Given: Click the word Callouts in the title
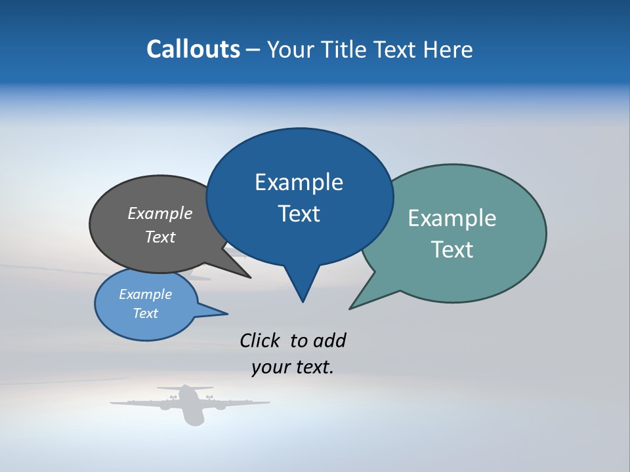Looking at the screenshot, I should (193, 50).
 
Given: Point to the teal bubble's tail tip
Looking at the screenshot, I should (352, 307).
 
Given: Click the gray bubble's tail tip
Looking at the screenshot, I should (248, 277).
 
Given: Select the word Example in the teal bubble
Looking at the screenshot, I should (451, 218).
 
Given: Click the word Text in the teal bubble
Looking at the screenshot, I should (453, 250).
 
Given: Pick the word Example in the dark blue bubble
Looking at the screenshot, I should (299, 182).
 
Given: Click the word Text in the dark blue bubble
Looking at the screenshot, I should (299, 214).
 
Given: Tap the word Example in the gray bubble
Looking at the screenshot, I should (160, 213).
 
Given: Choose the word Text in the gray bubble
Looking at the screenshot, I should (160, 237).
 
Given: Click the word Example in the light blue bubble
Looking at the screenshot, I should (145, 294).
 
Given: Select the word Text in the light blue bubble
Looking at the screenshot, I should (145, 313).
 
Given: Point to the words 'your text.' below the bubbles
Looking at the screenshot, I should (293, 368).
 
